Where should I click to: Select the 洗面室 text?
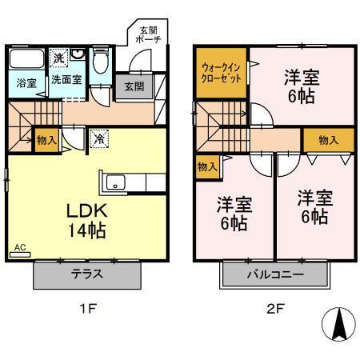[x=66, y=80]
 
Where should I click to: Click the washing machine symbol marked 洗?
[x=58, y=57]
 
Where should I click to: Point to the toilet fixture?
[x=99, y=63]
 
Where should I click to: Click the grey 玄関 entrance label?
[x=132, y=86]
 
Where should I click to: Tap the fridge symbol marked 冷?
[x=97, y=137]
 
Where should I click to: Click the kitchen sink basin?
[x=114, y=183]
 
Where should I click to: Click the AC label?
[x=19, y=249]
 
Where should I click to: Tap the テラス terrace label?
[x=87, y=274]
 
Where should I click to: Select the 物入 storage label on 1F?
[x=46, y=140]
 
